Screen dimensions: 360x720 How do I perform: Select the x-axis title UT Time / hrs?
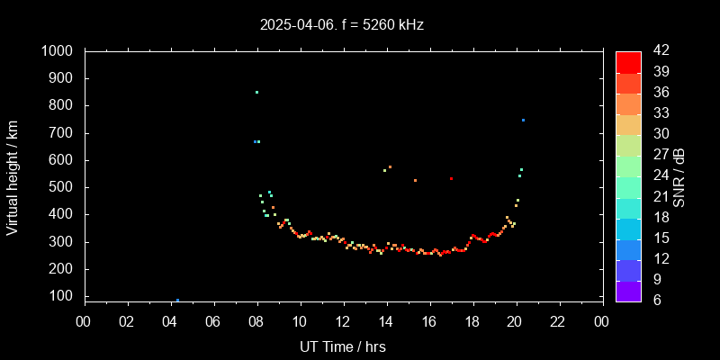pyautogui.click(x=343, y=346)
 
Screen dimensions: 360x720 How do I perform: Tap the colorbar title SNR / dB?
pyautogui.click(x=679, y=176)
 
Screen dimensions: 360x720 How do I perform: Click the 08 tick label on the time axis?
pyautogui.click(x=256, y=322)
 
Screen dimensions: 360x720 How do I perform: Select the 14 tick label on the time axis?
pyautogui.click(x=386, y=322)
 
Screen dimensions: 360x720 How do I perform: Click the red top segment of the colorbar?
pyautogui.click(x=628, y=61)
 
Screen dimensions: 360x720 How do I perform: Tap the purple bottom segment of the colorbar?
pyautogui.click(x=628, y=290)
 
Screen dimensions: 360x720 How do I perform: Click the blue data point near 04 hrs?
pyautogui.click(x=177, y=300)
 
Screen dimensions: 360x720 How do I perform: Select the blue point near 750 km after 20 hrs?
pyautogui.click(x=523, y=120)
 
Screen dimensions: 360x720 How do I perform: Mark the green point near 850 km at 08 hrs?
pyautogui.click(x=256, y=92)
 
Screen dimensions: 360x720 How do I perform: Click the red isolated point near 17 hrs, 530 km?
pyautogui.click(x=451, y=178)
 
